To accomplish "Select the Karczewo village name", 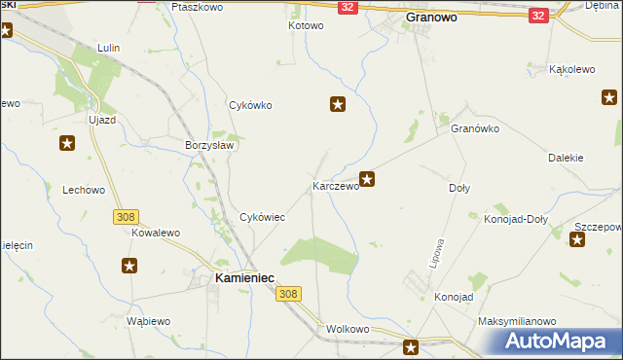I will coord(335,185).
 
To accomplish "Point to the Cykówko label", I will coord(249,105).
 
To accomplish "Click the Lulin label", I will coord(108,47).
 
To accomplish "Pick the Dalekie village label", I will coord(565,158).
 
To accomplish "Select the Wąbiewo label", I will coord(149,320).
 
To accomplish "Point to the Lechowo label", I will coord(83,191).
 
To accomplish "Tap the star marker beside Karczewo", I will coord(367,178).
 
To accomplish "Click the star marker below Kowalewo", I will coord(129,265).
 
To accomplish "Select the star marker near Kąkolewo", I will coord(609,96).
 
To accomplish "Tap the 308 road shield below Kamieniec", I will coord(286,293).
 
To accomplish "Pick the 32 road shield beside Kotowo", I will coord(348,7).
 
